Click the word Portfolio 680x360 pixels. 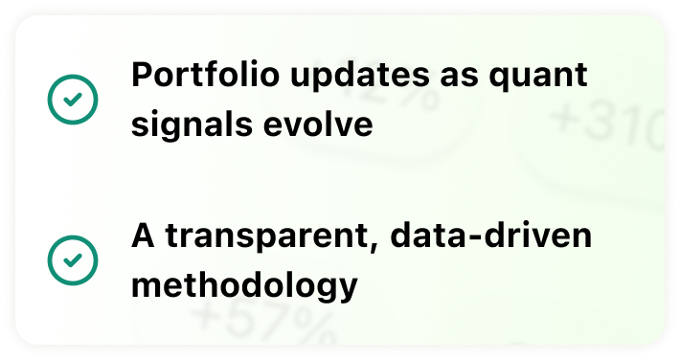[x=206, y=75]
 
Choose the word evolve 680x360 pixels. [x=318, y=124]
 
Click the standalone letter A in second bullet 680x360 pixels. [x=143, y=236]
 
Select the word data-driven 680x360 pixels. [x=491, y=236]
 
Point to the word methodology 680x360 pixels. [x=244, y=286]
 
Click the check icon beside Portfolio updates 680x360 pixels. [x=73, y=100]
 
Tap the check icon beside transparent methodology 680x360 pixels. [x=73, y=260]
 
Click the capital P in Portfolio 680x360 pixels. [x=143, y=75]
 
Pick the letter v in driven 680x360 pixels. [x=538, y=239]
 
